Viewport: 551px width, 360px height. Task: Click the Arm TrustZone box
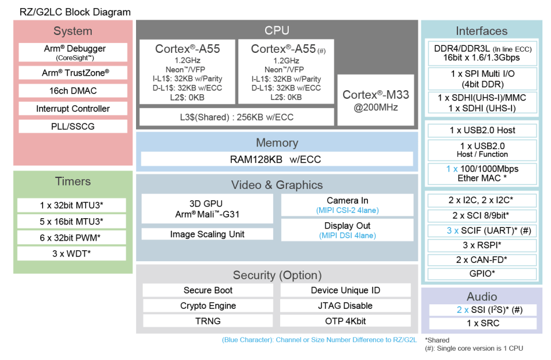coord(73,73)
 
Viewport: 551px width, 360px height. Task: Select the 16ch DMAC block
coord(73,91)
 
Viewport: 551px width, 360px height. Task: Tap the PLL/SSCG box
coord(73,126)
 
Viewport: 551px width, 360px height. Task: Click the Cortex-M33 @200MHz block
coord(375,100)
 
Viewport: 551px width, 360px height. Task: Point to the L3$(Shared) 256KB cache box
coord(236,117)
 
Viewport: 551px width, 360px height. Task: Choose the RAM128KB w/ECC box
coord(277,159)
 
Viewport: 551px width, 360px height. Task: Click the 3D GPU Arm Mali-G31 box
coord(207,208)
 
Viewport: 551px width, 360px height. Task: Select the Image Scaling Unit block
coord(207,234)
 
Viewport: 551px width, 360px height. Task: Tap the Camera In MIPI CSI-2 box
coord(347,205)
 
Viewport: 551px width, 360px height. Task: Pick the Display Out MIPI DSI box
coord(347,230)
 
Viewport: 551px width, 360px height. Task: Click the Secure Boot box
coord(208,290)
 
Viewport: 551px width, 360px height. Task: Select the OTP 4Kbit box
coord(346,320)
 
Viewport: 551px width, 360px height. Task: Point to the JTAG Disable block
coord(346,305)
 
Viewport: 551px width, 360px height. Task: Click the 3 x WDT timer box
coord(72,253)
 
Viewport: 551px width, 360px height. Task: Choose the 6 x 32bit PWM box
coord(72,238)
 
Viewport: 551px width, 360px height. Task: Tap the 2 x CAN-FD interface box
coord(482,260)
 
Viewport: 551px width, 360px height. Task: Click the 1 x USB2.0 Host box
coord(482,130)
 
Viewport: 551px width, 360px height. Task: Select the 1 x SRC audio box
coord(483,323)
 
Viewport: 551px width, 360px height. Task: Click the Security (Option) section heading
coord(277,275)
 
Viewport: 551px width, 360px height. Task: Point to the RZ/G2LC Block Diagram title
coord(75,12)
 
